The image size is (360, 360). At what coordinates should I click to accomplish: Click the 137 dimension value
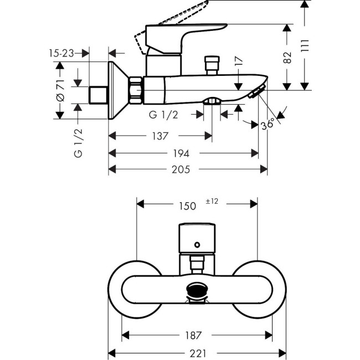[161, 136]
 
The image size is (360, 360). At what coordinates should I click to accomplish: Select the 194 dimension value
[183, 153]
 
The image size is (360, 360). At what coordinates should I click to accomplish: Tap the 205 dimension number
[188, 169]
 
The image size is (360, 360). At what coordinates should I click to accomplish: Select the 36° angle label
[268, 125]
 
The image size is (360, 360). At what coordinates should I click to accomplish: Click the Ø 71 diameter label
[61, 90]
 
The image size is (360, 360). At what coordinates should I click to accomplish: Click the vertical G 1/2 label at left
[78, 143]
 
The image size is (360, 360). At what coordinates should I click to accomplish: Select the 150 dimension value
[187, 205]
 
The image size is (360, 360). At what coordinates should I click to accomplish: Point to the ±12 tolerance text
[213, 202]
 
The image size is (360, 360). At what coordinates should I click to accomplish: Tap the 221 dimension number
[195, 352]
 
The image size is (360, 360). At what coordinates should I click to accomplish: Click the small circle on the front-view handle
[197, 244]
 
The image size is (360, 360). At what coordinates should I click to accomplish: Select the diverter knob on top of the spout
[210, 64]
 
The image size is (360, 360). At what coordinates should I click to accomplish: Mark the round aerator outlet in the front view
[197, 290]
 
